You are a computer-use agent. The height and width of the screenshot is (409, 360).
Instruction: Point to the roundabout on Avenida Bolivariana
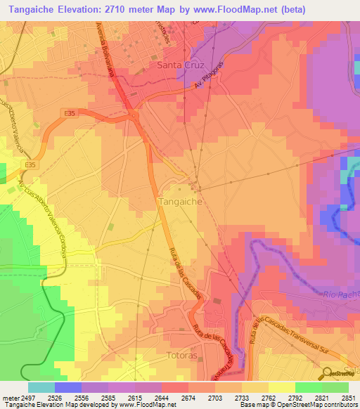[x=131, y=115]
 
